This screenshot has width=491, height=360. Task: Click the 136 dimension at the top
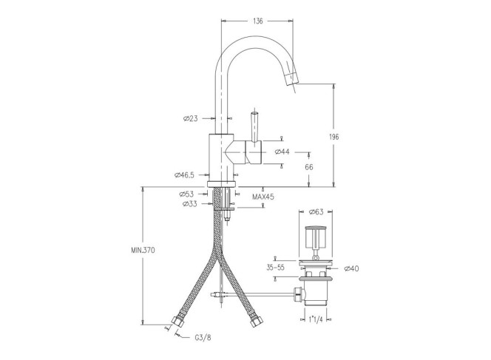click(x=258, y=21)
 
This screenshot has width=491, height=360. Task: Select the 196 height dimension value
click(x=334, y=137)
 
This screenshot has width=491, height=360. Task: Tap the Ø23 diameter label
click(x=191, y=118)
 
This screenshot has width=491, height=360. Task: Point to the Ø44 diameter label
click(x=282, y=152)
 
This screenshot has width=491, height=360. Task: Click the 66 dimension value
click(x=309, y=167)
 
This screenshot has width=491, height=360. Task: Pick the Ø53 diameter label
click(x=186, y=194)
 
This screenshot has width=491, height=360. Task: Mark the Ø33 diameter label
click(x=190, y=204)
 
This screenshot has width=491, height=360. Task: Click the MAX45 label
click(x=263, y=197)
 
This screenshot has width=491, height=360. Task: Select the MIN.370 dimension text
click(x=143, y=251)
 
